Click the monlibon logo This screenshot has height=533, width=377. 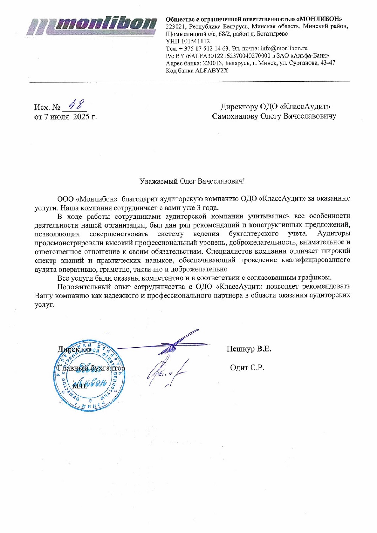(x=92, y=26)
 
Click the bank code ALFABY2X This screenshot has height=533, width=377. (x=212, y=71)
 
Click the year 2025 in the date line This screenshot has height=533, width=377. (x=81, y=117)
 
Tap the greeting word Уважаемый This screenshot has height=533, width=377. (x=158, y=181)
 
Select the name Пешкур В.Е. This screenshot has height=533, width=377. (x=249, y=349)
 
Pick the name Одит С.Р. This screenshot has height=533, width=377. (x=247, y=368)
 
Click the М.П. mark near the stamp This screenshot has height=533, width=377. (x=80, y=386)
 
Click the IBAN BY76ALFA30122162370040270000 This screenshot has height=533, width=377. (x=223, y=56)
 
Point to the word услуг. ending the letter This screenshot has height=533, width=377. (x=44, y=304)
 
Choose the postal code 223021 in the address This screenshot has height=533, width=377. (x=176, y=27)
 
